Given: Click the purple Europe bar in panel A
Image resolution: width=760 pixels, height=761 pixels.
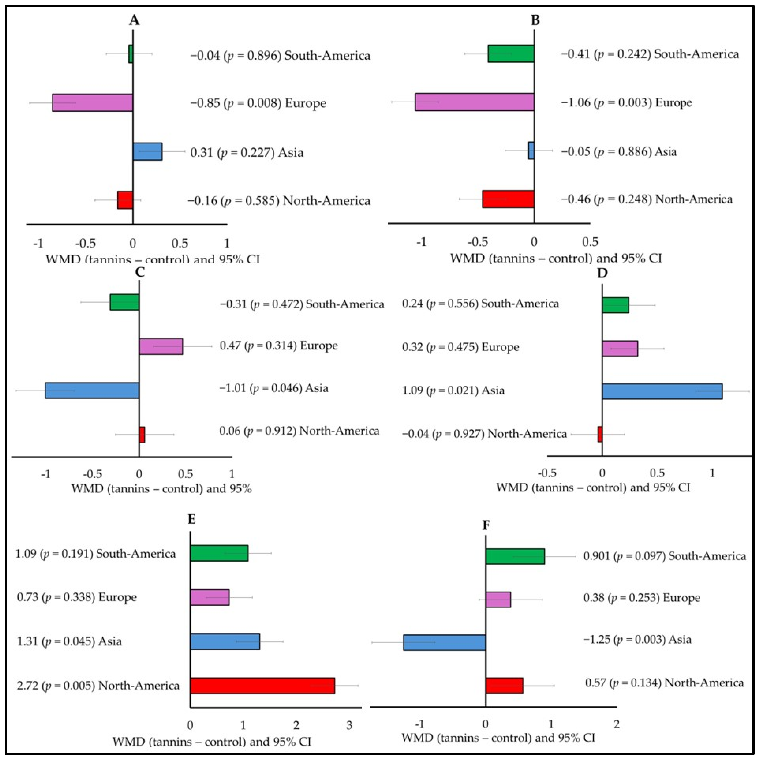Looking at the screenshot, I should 92,103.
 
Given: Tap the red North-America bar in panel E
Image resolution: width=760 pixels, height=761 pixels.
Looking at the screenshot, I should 262,686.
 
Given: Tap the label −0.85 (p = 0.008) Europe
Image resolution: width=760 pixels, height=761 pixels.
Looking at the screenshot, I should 258,103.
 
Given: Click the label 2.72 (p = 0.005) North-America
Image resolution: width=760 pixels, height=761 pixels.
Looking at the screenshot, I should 98,686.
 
